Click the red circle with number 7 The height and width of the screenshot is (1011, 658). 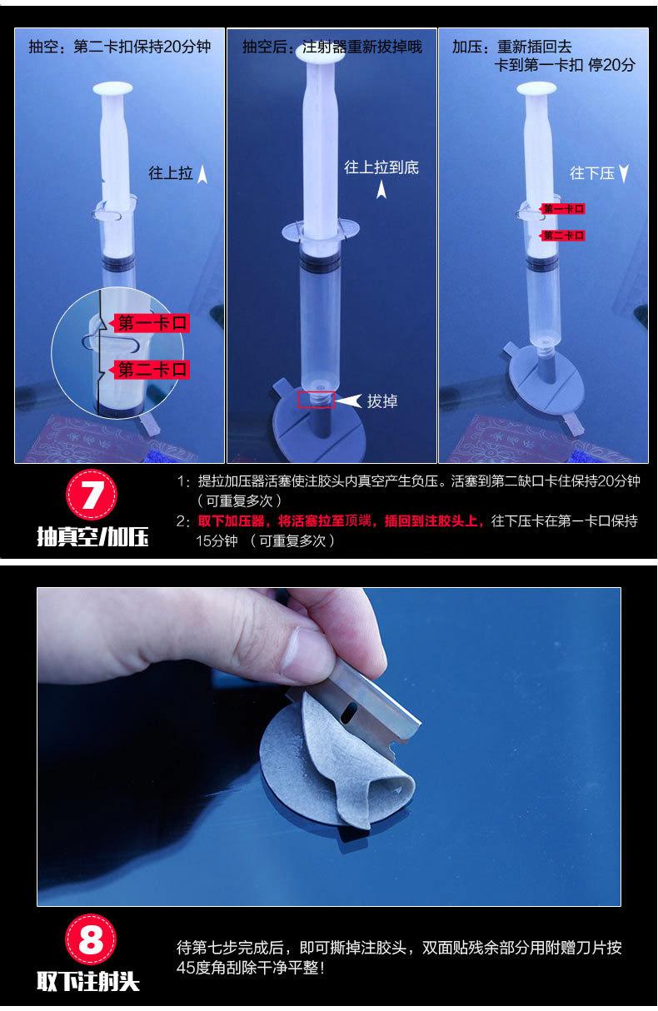tap(92, 495)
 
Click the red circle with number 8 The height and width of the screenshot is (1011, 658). tap(91, 940)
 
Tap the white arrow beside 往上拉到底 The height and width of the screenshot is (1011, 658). tap(381, 189)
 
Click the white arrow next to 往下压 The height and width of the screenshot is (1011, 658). tap(624, 173)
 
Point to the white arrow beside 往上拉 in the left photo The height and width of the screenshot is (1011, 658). tap(202, 174)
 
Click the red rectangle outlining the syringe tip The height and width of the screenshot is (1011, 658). tap(316, 400)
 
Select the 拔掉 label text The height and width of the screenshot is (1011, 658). tap(382, 401)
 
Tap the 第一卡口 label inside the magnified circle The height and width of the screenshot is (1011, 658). tap(152, 323)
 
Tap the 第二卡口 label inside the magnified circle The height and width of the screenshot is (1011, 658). tap(152, 370)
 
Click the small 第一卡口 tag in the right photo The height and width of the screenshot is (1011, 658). tap(563, 208)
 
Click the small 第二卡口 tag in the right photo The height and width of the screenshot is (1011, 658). tap(563, 235)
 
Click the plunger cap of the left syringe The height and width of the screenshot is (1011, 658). tap(112, 88)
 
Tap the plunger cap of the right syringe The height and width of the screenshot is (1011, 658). tap(536, 88)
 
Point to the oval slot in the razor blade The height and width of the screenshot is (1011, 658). tap(348, 715)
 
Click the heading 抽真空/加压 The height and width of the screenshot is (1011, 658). tap(92, 537)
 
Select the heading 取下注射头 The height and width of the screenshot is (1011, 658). tap(88, 982)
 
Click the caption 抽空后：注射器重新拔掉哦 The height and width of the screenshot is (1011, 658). tap(332, 47)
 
